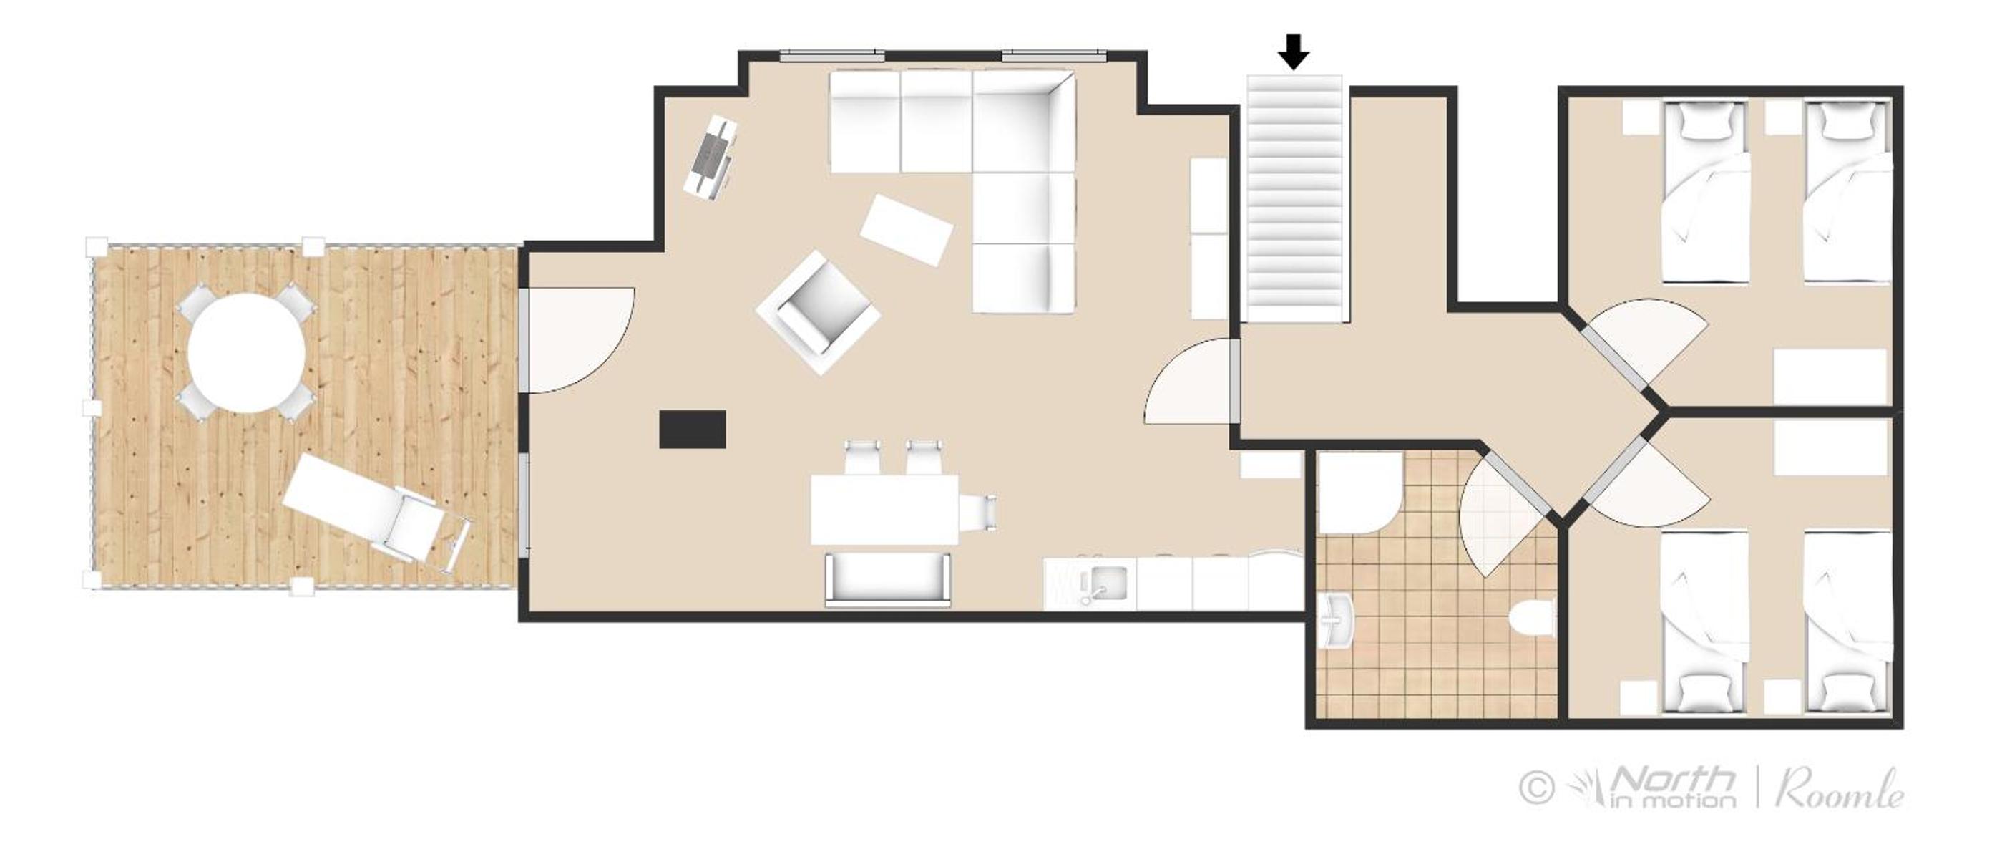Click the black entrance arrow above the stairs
tap(1294, 52)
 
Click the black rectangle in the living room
tap(693, 429)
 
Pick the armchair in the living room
tap(818, 312)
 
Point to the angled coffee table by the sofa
tap(907, 230)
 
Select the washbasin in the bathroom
tap(1336, 620)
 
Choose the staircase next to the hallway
tap(1297, 198)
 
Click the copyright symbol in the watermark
tap(1536, 788)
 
